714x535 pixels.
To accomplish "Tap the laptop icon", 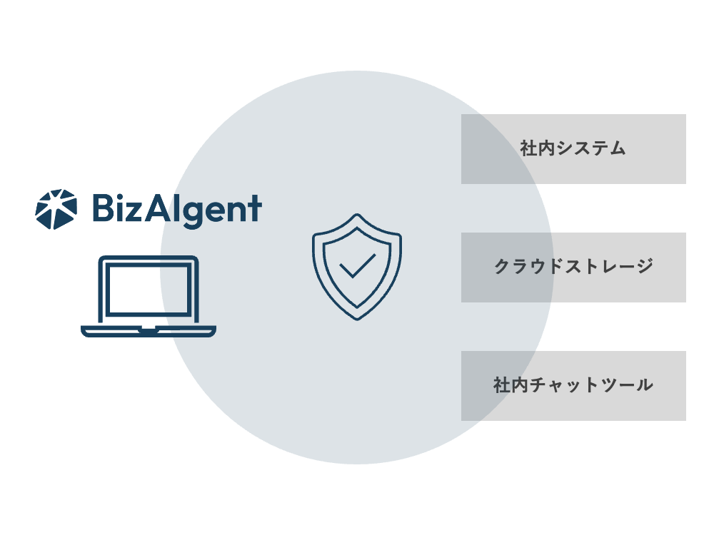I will [149, 296].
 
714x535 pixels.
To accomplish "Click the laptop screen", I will [149, 289].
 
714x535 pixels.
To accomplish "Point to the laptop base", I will [149, 331].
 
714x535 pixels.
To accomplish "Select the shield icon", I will [356, 267].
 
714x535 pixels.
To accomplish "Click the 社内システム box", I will [573, 149].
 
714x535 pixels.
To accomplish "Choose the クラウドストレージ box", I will [573, 267].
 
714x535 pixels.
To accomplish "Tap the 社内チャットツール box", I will [573, 386].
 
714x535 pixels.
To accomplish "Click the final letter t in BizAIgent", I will [255, 209].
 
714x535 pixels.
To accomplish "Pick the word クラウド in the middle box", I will [526, 267].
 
